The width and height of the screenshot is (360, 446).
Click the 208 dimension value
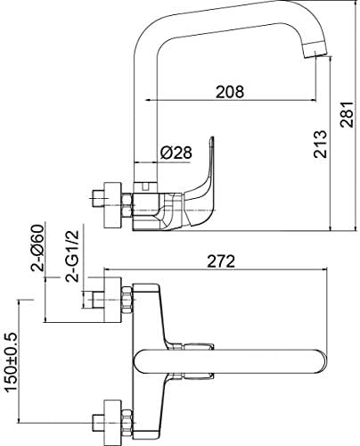[x=230, y=92]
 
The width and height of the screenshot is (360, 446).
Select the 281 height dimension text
[x=347, y=114]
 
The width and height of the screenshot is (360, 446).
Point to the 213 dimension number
[x=320, y=144]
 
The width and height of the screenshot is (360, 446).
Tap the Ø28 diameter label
[x=176, y=153]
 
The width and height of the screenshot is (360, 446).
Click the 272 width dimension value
[x=221, y=261]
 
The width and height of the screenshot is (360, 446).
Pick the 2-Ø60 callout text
[x=38, y=247]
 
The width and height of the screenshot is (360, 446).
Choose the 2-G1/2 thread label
[x=73, y=256]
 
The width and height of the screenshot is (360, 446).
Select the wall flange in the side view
[x=112, y=205]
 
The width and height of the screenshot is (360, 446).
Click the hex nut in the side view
[x=127, y=205]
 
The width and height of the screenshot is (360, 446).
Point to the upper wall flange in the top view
[x=112, y=300]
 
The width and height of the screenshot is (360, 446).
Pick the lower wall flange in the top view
[x=112, y=422]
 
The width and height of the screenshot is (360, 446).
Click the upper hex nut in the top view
[x=127, y=300]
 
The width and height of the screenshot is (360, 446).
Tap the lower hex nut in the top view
[x=127, y=423]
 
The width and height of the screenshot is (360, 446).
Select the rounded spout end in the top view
[x=320, y=361]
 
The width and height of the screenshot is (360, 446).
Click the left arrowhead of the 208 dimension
[x=148, y=100]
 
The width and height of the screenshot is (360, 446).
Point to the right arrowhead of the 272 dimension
[x=323, y=269]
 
